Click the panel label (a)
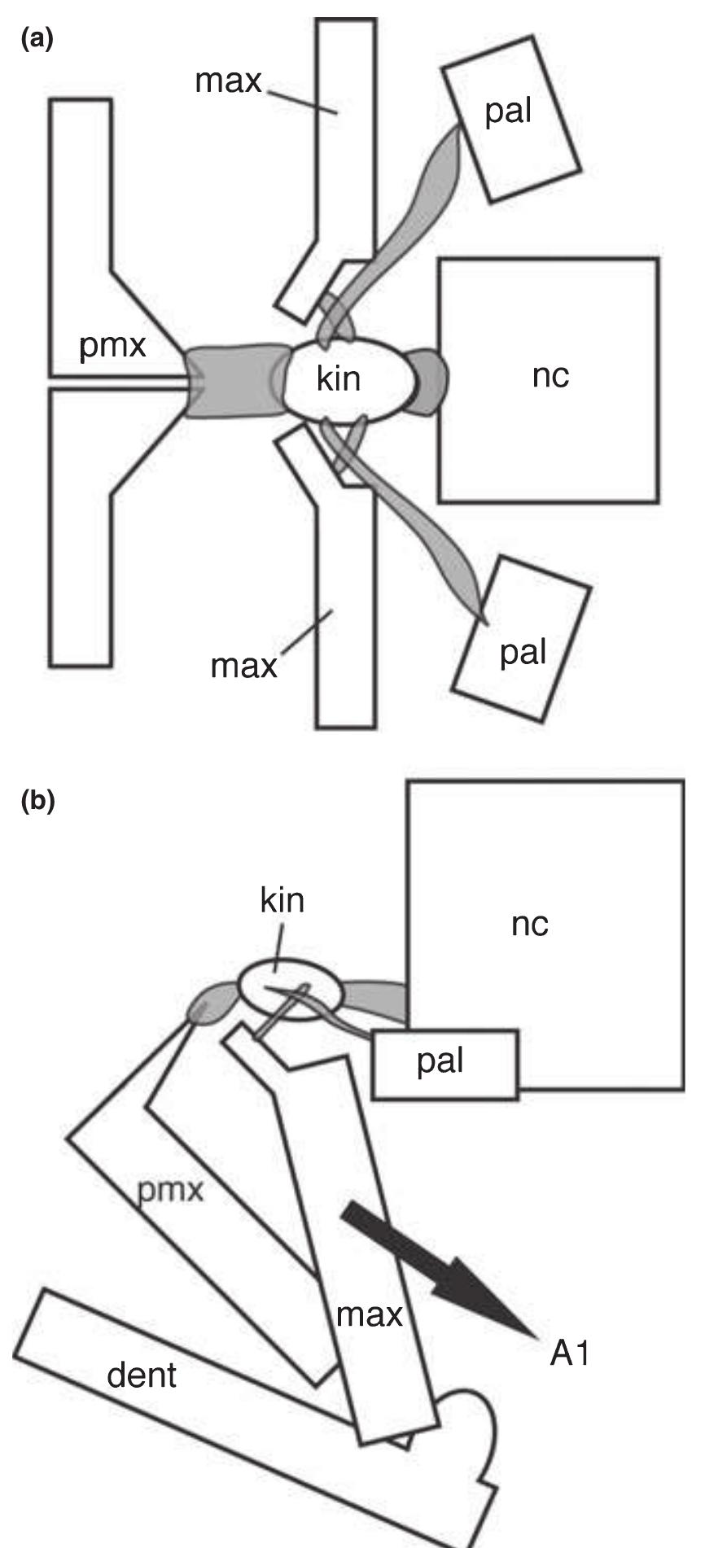click(x=36, y=41)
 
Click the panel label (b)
click(x=37, y=801)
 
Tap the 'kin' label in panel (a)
click(x=339, y=378)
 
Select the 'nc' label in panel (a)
click(x=550, y=377)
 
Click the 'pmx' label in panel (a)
click(x=112, y=346)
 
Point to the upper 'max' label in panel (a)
click(x=229, y=81)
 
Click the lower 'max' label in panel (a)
click(x=244, y=666)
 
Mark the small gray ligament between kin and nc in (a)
click(x=429, y=381)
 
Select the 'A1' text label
click(x=569, y=1354)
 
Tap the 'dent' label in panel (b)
click(x=142, y=1375)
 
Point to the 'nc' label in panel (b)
click(x=530, y=925)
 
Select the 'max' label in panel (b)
click(x=370, y=1314)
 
